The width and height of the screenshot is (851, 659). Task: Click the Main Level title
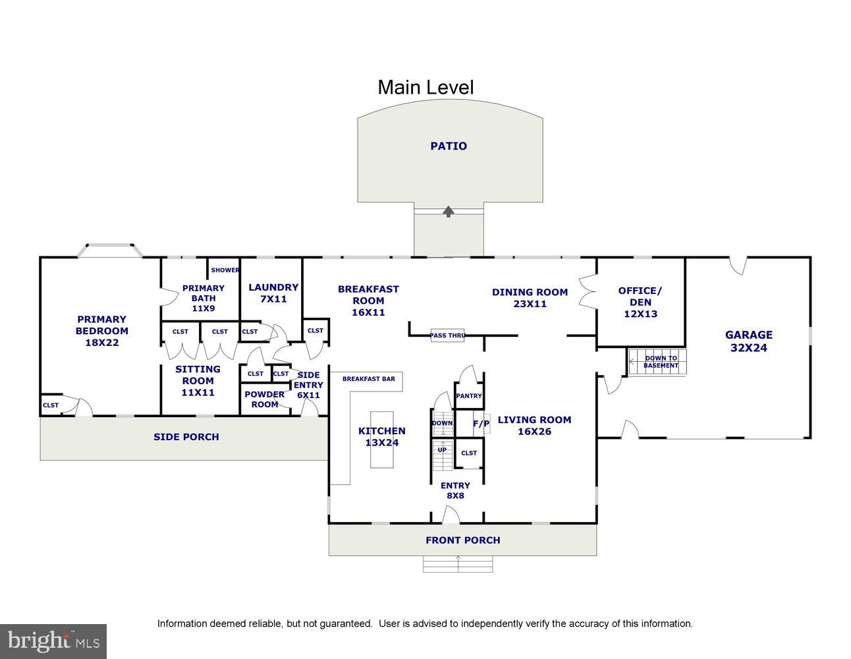pyautogui.click(x=425, y=88)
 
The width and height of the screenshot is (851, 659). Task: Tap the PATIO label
pyautogui.click(x=449, y=146)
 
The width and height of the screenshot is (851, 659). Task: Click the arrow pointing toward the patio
pyautogui.click(x=449, y=212)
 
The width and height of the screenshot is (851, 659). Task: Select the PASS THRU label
pyautogui.click(x=448, y=335)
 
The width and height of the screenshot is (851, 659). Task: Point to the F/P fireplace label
pyautogui.click(x=481, y=424)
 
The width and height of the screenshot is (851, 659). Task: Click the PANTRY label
pyautogui.click(x=469, y=395)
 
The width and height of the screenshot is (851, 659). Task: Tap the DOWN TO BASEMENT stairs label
pyautogui.click(x=661, y=362)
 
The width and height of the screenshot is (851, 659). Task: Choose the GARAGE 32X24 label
pyautogui.click(x=749, y=341)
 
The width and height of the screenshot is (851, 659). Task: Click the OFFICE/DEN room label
pyautogui.click(x=640, y=302)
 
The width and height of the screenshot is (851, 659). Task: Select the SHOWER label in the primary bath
pyautogui.click(x=225, y=270)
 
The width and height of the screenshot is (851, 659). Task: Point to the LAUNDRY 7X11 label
pyautogui.click(x=273, y=293)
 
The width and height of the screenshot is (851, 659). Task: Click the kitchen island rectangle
pyautogui.click(x=382, y=439)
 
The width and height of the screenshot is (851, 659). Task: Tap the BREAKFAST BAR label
pyautogui.click(x=368, y=379)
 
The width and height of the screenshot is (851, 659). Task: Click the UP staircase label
pyautogui.click(x=442, y=450)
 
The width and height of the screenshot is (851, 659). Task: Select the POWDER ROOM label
pyautogui.click(x=264, y=399)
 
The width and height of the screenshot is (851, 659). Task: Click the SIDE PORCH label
pyautogui.click(x=186, y=437)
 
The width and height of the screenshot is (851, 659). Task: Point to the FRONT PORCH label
pyautogui.click(x=463, y=540)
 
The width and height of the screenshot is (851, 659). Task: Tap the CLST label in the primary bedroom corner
pyautogui.click(x=51, y=405)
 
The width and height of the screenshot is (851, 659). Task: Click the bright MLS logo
pyautogui.click(x=53, y=641)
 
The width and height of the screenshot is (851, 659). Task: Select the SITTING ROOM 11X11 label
pyautogui.click(x=198, y=381)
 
